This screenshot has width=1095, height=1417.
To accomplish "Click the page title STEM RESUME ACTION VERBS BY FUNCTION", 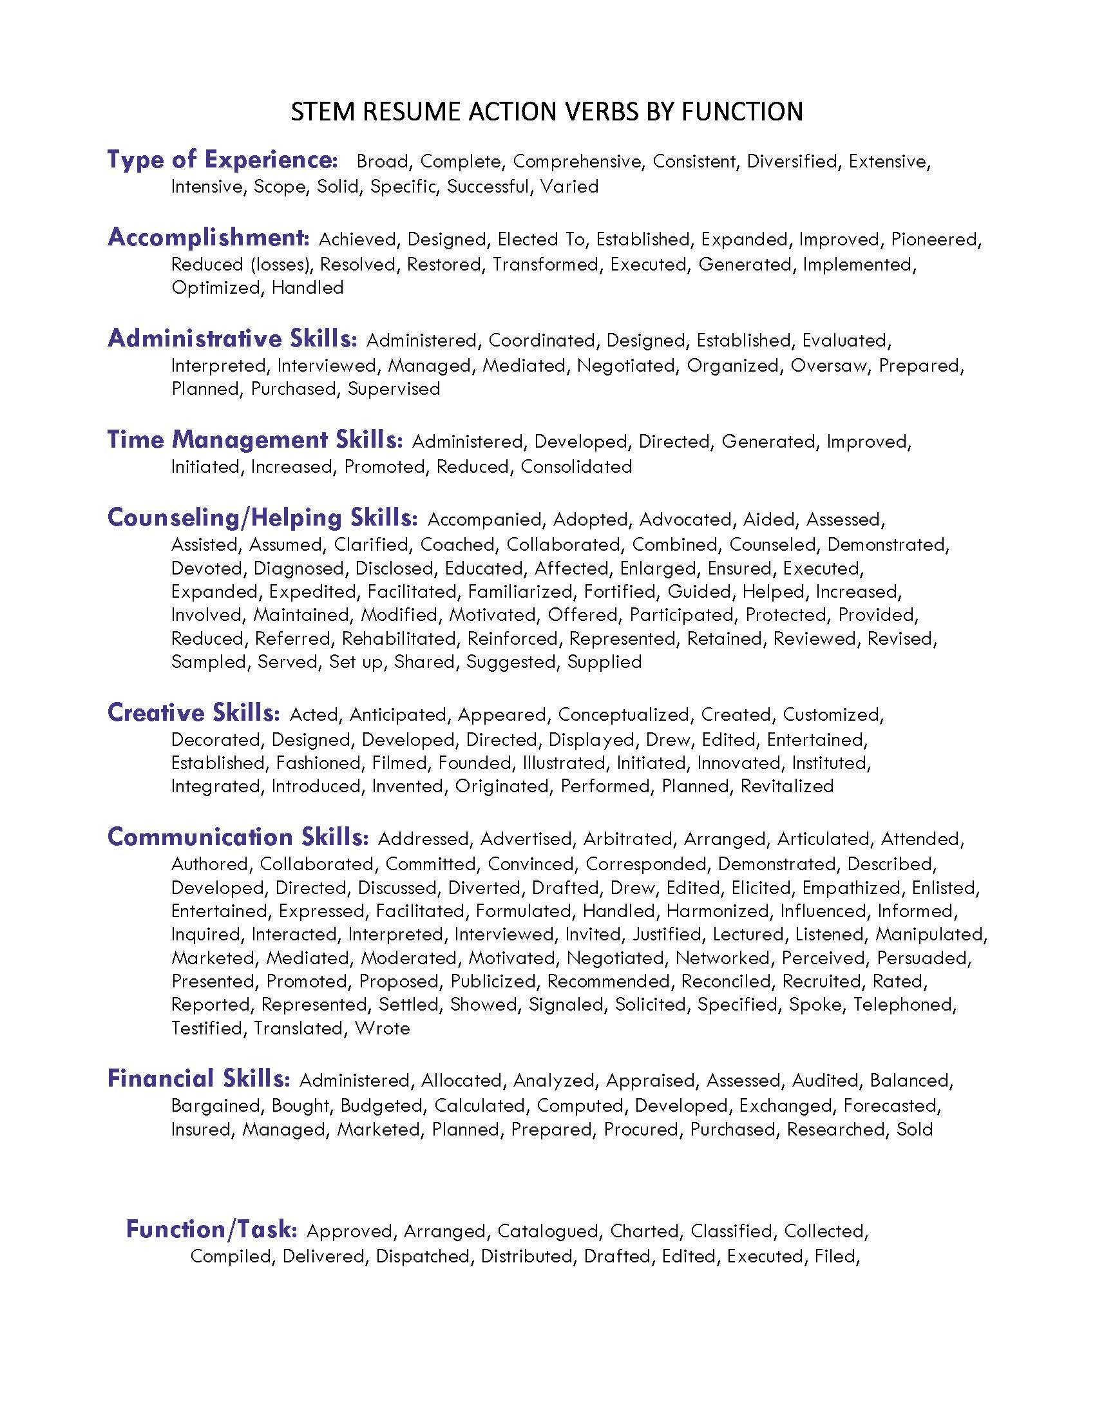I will [x=547, y=112].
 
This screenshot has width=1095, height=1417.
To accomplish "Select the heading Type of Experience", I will [x=222, y=160].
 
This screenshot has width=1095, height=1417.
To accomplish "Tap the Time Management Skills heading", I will [x=254, y=440].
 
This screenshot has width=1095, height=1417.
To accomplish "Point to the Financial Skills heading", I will [x=198, y=1078].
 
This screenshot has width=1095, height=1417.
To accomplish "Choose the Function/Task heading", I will [x=211, y=1229].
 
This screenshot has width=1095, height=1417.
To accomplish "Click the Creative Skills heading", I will [x=193, y=712].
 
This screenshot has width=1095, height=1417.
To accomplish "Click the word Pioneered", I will [x=935, y=240].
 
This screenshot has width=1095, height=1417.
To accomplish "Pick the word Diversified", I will [x=792, y=162].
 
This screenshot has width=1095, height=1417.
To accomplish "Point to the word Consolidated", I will [x=576, y=466].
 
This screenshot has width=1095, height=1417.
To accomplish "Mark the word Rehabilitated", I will [x=398, y=638].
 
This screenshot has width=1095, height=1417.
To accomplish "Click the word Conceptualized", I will [x=623, y=715].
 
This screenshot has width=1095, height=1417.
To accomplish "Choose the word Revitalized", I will [x=787, y=786].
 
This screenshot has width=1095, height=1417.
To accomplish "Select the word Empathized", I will [x=851, y=888].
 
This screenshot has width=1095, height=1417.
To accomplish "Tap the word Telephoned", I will [x=904, y=1004].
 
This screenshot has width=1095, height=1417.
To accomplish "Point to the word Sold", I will [x=915, y=1129].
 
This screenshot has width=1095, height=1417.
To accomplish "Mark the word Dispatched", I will [x=423, y=1256].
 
